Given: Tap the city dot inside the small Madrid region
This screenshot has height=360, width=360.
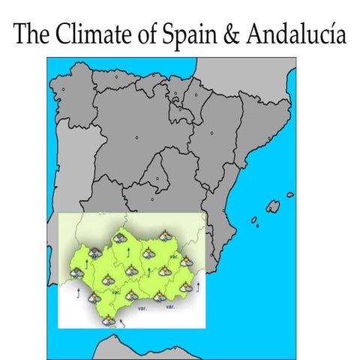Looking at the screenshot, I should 157,178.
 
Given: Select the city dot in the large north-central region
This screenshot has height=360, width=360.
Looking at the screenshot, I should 138,138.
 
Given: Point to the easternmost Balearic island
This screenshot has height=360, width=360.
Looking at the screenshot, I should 289,195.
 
